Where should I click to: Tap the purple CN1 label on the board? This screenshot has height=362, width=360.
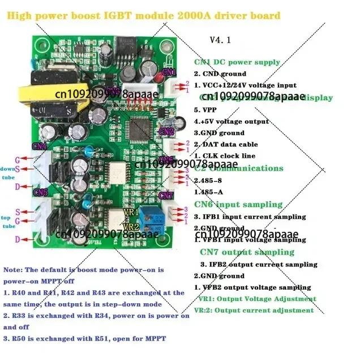coord(169,72)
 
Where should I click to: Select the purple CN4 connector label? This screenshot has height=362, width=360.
coord(40,146)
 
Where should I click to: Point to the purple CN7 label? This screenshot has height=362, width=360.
coord(166,196)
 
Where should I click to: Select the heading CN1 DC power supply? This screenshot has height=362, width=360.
coord(237,62)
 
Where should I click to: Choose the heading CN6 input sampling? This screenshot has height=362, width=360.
coord(238,204)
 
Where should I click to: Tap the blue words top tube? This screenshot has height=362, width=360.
coord(7,221)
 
